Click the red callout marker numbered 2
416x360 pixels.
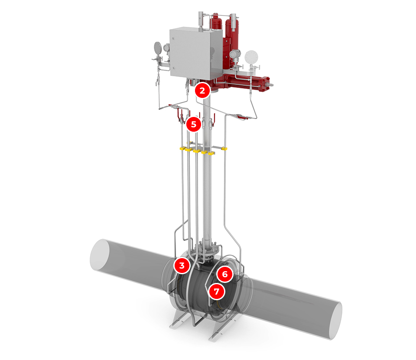click(202, 91)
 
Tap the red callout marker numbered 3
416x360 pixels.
click(182, 265)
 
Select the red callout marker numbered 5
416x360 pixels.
click(194, 124)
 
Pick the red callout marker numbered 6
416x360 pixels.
click(225, 274)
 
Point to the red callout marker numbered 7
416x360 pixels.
click(217, 291)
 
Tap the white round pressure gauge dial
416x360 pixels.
click(251, 57)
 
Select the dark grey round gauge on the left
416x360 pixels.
click(158, 47)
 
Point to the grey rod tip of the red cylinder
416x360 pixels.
click(271, 85)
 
